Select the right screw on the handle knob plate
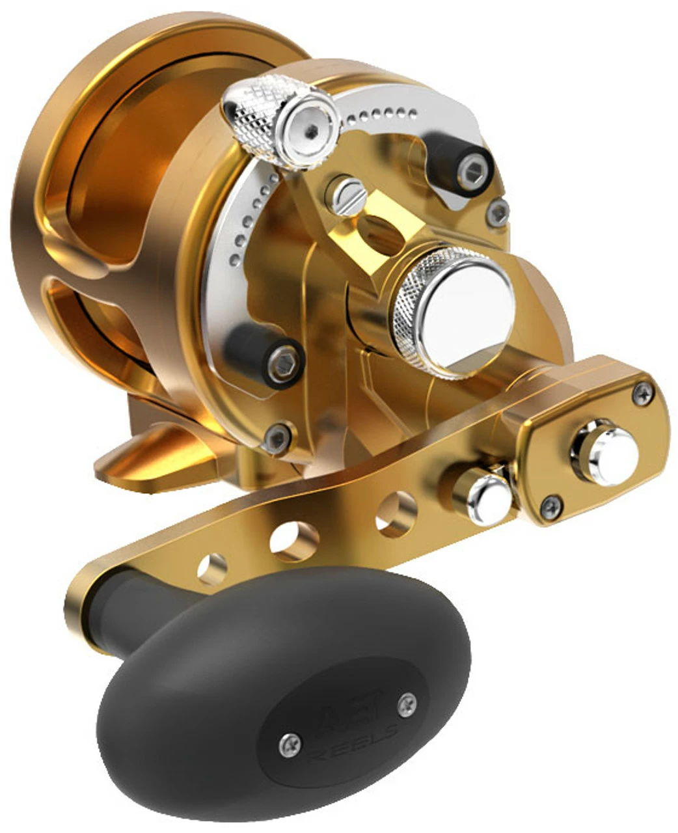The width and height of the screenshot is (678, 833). pyautogui.click(x=407, y=701)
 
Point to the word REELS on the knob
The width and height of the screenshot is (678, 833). pyautogui.click(x=355, y=743)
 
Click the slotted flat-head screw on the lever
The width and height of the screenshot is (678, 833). pyautogui.click(x=346, y=195)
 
